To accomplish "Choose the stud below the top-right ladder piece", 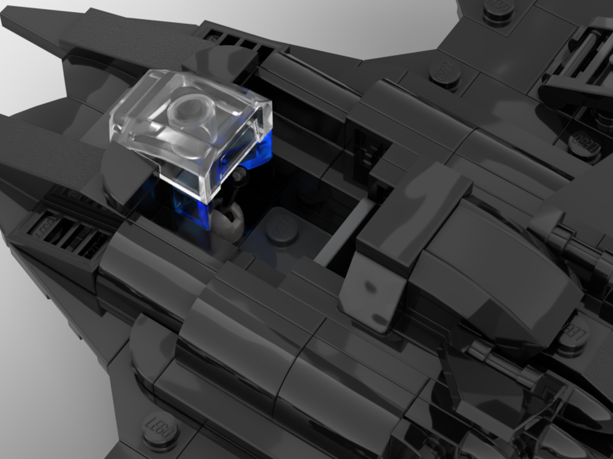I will coord(584,144).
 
